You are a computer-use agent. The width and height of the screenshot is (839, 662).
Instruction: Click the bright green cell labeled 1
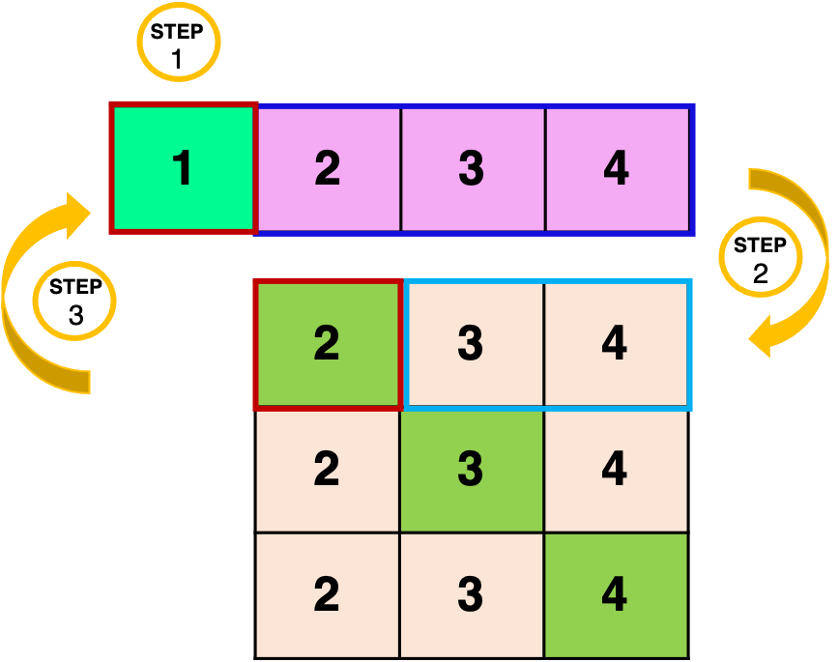click(184, 169)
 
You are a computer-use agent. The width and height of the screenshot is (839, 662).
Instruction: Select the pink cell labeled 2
click(328, 169)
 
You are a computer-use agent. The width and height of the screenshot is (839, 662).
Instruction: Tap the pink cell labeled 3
click(472, 169)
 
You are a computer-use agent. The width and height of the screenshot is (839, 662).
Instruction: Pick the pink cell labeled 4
click(617, 169)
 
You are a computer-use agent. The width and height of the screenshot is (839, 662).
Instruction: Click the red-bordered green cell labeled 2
click(328, 343)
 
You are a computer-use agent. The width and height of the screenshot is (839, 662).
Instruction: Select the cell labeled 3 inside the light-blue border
click(472, 343)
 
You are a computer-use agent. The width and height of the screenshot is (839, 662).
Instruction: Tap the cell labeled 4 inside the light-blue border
click(616, 343)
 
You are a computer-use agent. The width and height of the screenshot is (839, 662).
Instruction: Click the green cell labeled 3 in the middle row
click(472, 470)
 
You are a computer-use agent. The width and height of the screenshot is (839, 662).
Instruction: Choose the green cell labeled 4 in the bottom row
click(616, 595)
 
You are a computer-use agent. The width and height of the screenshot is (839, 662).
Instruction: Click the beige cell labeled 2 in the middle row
click(328, 470)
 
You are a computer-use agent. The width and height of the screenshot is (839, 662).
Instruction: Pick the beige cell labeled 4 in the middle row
click(616, 470)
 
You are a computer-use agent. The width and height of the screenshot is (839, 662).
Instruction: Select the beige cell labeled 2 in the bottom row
click(328, 595)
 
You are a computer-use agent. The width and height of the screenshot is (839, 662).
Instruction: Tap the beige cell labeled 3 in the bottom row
click(472, 595)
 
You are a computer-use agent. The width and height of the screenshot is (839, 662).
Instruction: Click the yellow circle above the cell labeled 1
click(179, 43)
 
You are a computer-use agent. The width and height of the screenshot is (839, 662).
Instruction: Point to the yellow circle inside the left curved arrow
click(74, 302)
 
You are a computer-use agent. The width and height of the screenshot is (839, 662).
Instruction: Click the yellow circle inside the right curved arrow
click(761, 257)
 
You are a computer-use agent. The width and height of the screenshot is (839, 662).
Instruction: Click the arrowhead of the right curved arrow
click(765, 336)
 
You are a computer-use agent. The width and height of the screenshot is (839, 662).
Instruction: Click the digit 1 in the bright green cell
click(183, 169)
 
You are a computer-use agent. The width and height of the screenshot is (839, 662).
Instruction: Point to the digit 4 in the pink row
click(617, 169)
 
